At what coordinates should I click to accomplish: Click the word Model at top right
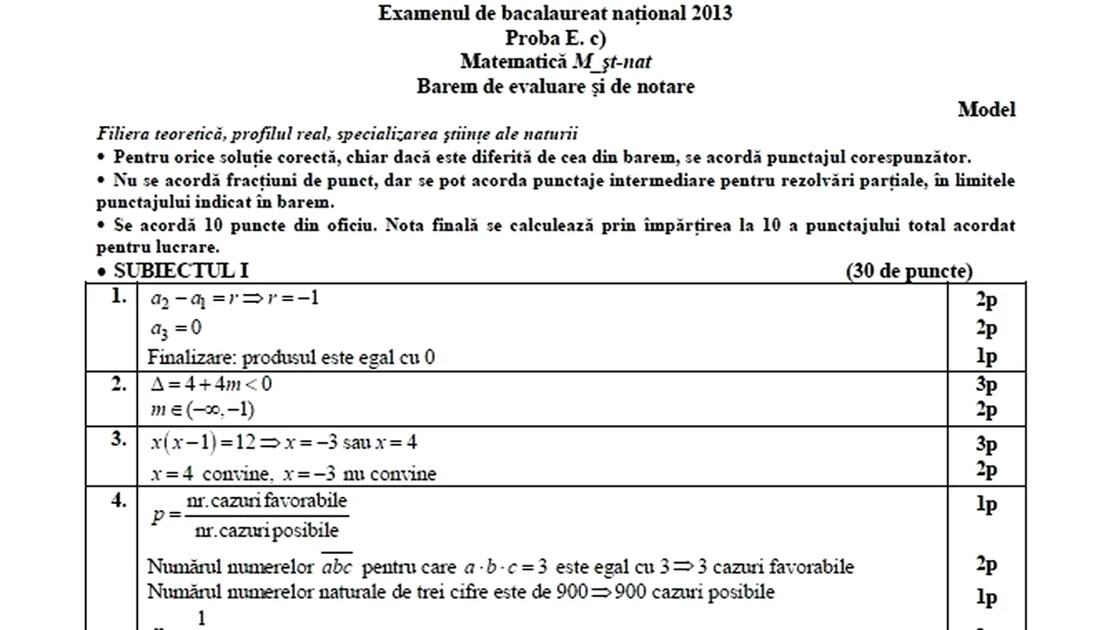[x=986, y=109]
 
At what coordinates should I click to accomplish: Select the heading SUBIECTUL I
[x=180, y=271]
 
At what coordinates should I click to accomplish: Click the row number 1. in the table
[x=120, y=297]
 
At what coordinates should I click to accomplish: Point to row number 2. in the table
[x=120, y=382]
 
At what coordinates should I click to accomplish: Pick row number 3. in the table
[x=120, y=440]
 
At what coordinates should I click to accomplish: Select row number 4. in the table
[x=120, y=504]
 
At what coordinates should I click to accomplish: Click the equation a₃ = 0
[x=176, y=327]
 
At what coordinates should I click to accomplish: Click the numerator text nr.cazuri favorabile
[x=267, y=501]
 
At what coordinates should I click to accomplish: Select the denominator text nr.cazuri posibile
[x=266, y=530]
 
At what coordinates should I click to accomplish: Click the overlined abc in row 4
[x=338, y=566]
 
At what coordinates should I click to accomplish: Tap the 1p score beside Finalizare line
[x=986, y=357]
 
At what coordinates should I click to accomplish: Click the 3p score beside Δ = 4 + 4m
[x=986, y=384]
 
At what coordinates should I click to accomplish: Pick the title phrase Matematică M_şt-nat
[x=556, y=61]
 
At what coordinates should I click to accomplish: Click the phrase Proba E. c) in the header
[x=556, y=38]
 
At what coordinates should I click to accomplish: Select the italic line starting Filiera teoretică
[x=338, y=134]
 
